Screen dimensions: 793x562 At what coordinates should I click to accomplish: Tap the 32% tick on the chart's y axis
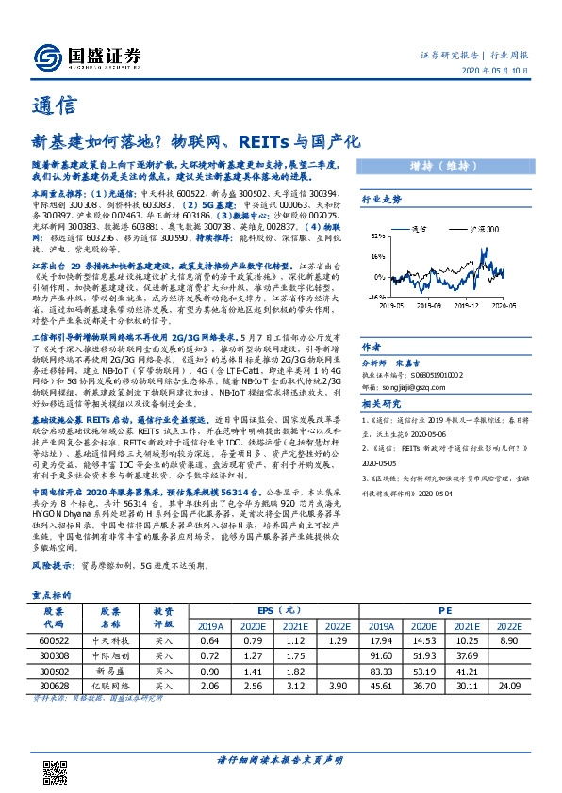(375, 235)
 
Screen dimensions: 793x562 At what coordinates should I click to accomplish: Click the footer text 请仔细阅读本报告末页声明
(280, 760)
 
